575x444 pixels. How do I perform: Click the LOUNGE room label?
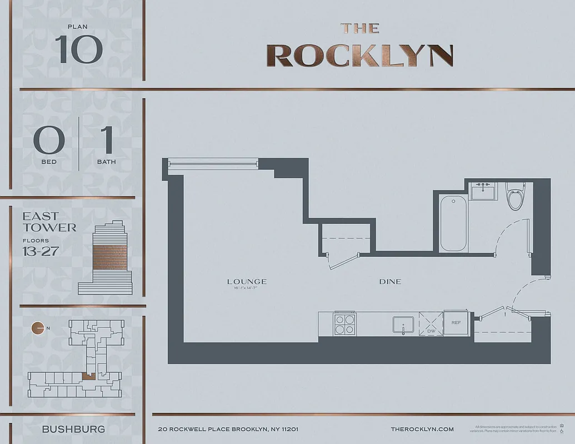tap(247, 281)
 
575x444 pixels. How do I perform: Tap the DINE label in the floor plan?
tap(390, 281)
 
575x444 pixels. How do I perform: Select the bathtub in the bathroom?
tap(453, 222)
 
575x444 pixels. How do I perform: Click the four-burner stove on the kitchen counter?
tap(344, 324)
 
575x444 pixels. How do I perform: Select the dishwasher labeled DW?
tap(431, 324)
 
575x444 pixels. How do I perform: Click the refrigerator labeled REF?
tap(456, 322)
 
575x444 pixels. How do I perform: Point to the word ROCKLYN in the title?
tap(359, 56)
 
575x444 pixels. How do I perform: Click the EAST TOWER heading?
tap(49, 221)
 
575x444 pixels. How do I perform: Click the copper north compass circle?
tap(37, 328)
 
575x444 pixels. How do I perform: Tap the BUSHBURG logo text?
tap(73, 429)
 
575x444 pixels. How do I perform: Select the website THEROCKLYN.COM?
tap(422, 429)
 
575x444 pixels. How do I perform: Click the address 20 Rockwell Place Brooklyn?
tap(228, 429)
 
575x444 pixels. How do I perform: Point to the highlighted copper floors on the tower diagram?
tap(109, 256)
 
